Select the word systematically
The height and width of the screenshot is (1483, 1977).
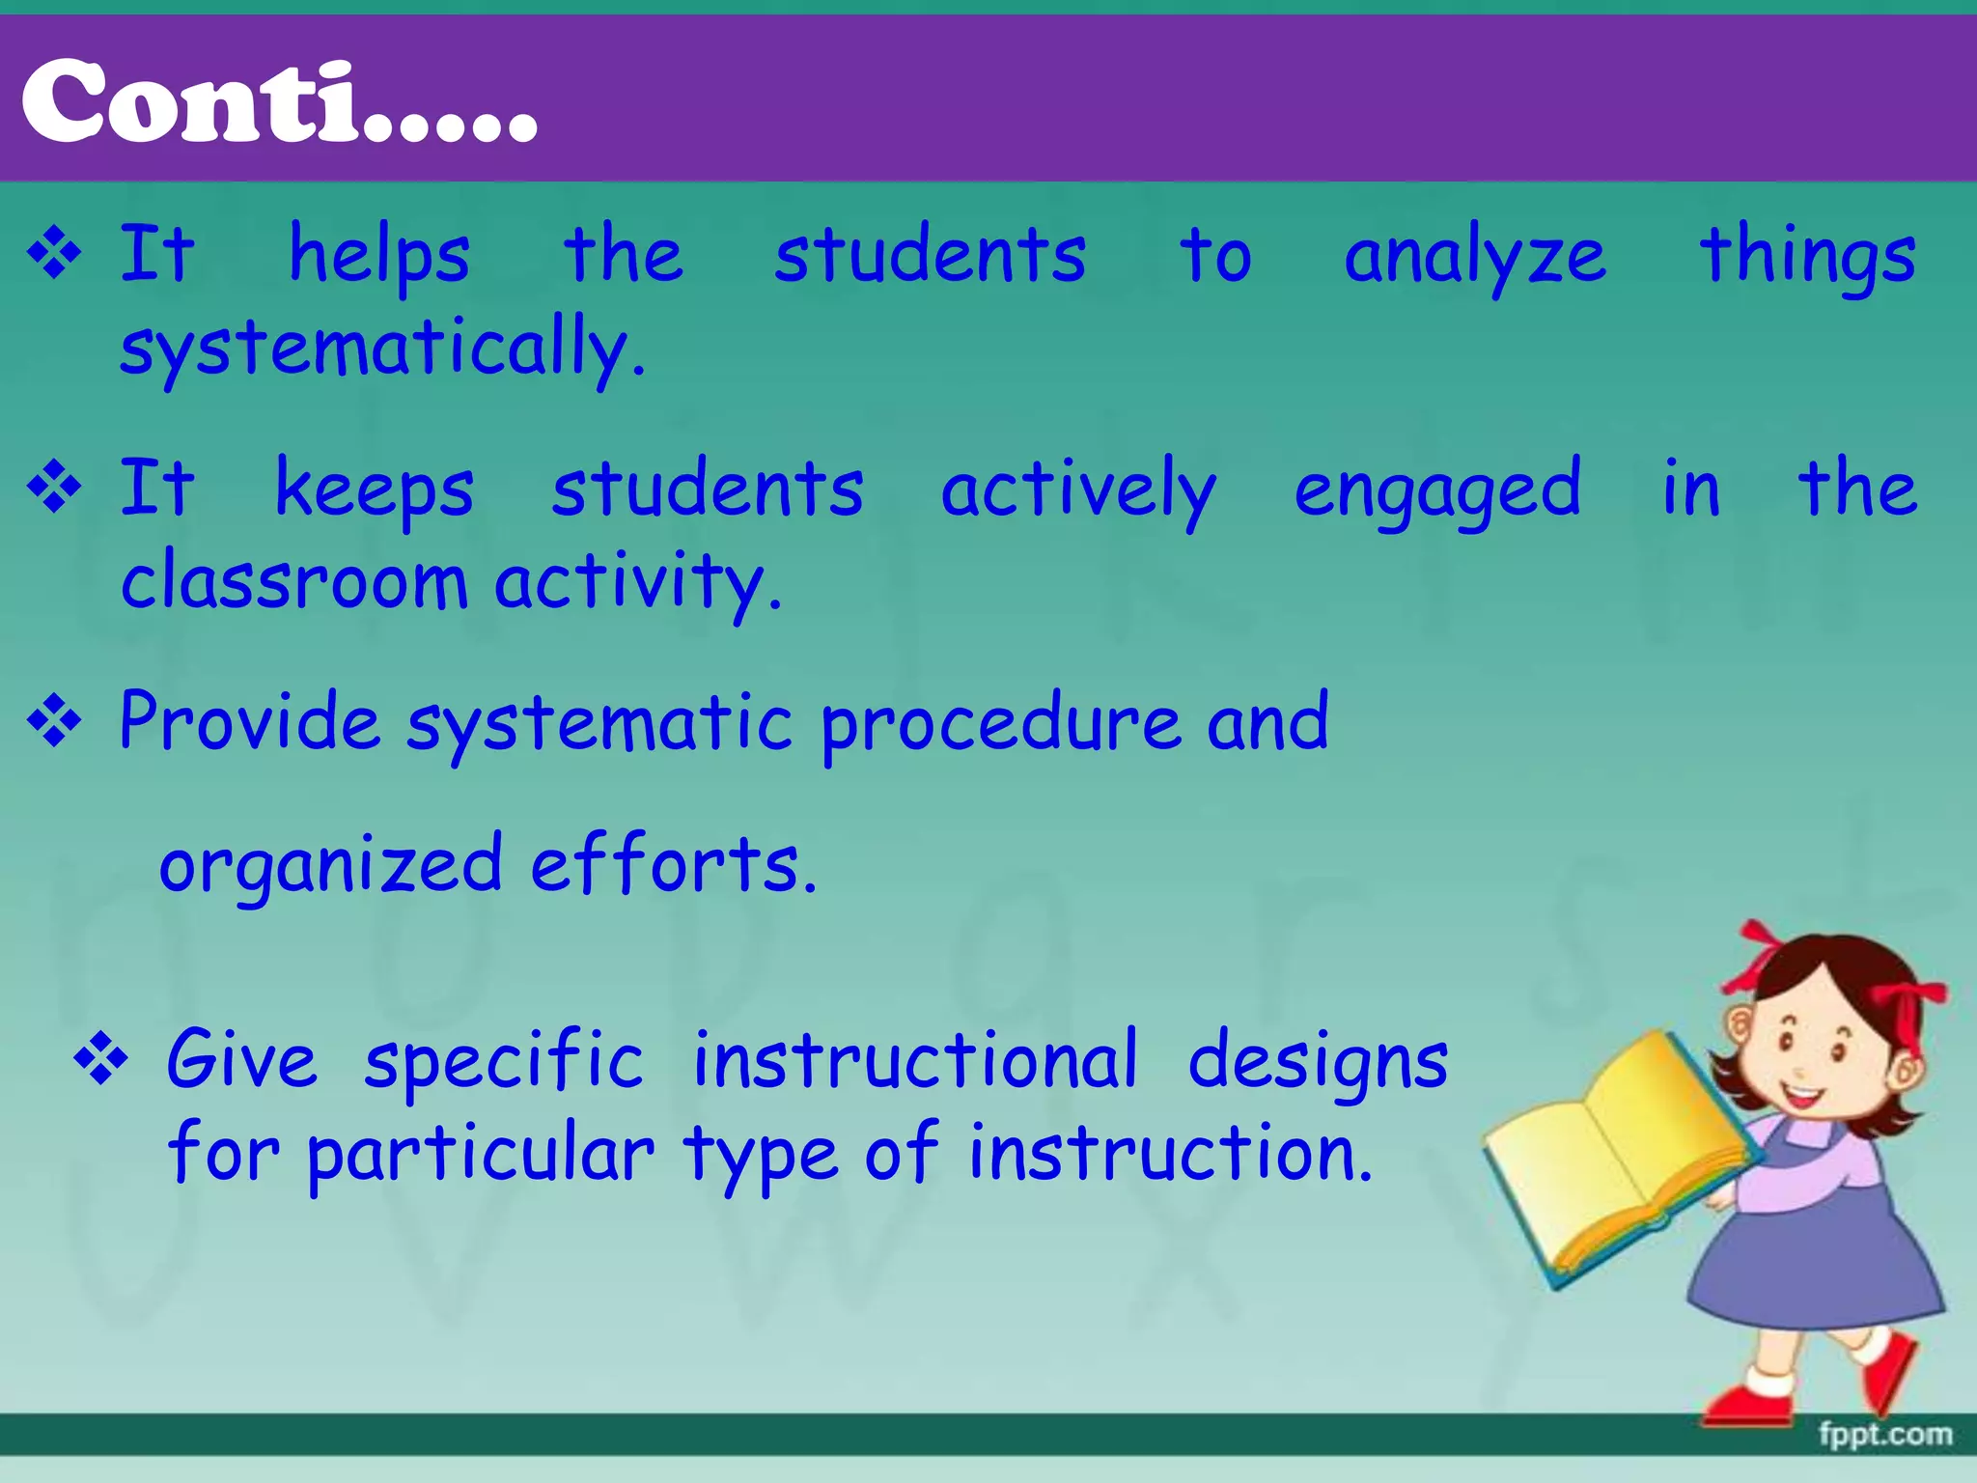[x=381, y=349]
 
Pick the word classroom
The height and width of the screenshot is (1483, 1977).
[x=294, y=582]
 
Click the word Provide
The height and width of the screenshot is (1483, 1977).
[x=250, y=721]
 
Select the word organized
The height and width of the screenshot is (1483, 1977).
[x=330, y=865]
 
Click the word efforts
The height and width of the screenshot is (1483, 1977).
[x=673, y=863]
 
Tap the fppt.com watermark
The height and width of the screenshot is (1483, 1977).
[x=1885, y=1434]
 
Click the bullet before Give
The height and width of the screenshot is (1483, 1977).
[x=101, y=1060]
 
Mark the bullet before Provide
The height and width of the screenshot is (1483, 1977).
[x=55, y=721]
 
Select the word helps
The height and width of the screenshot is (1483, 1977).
[x=379, y=256]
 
